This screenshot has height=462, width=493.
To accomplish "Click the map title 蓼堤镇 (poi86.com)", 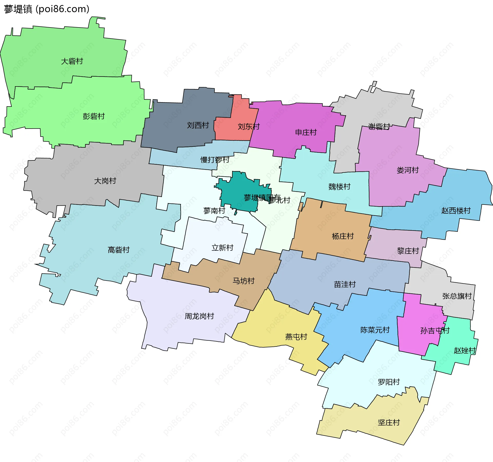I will [46, 9].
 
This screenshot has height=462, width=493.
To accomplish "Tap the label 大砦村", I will [72, 61].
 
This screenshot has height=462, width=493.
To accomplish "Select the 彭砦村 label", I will [94, 116].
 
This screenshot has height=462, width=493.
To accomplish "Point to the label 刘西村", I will [198, 125].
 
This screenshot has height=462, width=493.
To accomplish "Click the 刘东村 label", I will [249, 127].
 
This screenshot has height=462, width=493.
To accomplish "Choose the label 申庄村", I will [306, 132].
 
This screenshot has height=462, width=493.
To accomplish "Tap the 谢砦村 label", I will [379, 127].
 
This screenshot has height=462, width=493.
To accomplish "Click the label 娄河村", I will [407, 170].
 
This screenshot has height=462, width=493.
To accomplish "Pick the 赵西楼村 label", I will [456, 211].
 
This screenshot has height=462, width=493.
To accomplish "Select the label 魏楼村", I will [339, 187].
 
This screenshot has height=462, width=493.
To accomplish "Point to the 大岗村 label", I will [105, 181].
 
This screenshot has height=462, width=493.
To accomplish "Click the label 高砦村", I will [119, 250].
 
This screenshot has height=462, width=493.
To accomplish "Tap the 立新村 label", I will [222, 248].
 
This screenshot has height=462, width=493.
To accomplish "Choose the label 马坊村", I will [243, 281].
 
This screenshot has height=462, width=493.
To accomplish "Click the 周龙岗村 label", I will [199, 316].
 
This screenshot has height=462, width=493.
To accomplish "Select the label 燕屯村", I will [296, 337].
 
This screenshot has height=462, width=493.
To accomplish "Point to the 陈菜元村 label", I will [375, 330].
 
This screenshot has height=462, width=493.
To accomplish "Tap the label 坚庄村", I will [389, 422].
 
